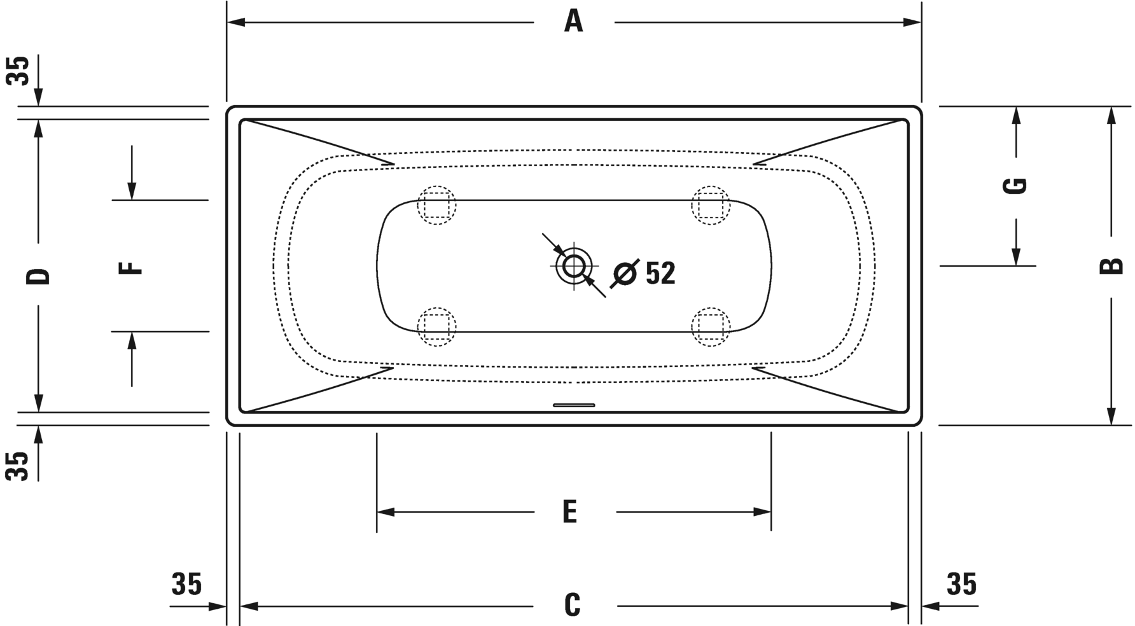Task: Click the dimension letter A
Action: (x=573, y=22)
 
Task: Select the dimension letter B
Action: (x=1111, y=265)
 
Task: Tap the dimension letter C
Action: (x=573, y=605)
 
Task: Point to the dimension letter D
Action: (x=38, y=276)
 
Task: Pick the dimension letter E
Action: (x=570, y=511)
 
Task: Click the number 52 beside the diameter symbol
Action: (x=660, y=273)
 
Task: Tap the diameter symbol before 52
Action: (x=624, y=274)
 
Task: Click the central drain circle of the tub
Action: (x=574, y=266)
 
